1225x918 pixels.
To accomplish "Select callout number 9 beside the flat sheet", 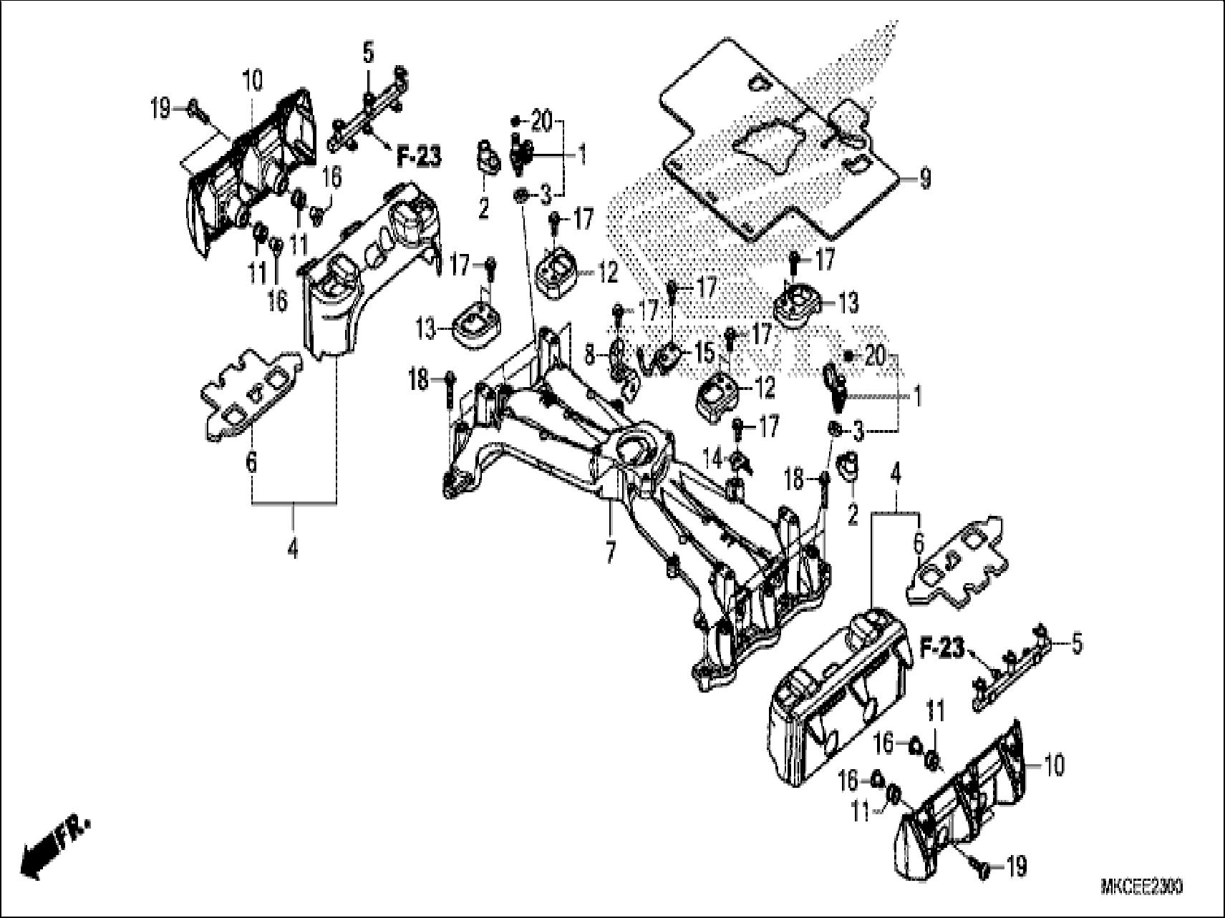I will (925, 178).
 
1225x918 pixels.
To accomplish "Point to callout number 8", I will (589, 351).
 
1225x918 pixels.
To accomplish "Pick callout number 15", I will (706, 353).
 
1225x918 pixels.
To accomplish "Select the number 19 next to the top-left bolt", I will (161, 109).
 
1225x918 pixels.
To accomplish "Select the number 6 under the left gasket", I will (251, 462).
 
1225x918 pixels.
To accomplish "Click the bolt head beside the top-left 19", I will (194, 109).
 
